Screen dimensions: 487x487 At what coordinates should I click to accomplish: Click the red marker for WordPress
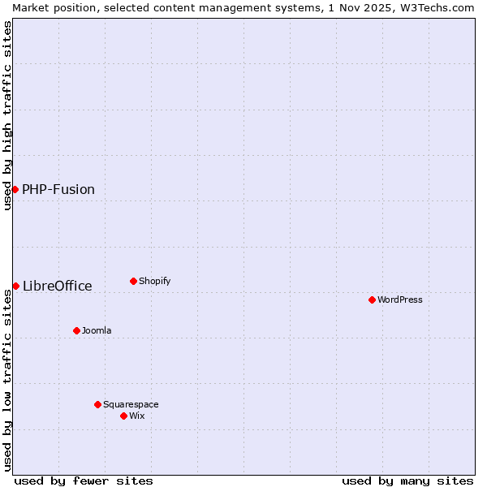(x=372, y=300)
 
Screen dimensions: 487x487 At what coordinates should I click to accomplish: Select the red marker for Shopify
(x=133, y=281)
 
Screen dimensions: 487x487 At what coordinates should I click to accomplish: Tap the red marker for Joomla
(x=76, y=330)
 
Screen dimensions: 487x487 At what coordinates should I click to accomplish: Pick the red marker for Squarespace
(x=97, y=404)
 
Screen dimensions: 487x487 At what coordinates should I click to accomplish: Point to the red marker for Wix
(x=123, y=416)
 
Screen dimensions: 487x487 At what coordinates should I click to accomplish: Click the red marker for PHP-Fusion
(x=15, y=189)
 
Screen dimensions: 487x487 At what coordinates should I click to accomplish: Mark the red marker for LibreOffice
(x=15, y=286)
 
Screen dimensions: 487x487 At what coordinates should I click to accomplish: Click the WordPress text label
(x=400, y=300)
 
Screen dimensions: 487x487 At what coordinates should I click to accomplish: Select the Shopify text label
(x=155, y=281)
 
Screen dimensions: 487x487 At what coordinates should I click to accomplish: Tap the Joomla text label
(x=97, y=330)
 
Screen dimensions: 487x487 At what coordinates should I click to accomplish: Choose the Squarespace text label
(x=131, y=404)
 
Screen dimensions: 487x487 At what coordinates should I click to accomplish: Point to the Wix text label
(x=137, y=416)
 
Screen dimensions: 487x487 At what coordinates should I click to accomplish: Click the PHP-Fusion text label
(x=58, y=189)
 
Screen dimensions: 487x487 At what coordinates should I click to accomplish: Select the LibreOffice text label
(x=58, y=286)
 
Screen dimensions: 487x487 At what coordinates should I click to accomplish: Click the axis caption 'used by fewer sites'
(x=84, y=481)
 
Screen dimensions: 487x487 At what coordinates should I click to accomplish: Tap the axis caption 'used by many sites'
(x=407, y=481)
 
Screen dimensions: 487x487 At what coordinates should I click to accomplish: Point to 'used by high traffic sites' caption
(x=7, y=115)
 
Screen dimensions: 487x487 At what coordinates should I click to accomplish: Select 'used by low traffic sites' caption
(x=7, y=380)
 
